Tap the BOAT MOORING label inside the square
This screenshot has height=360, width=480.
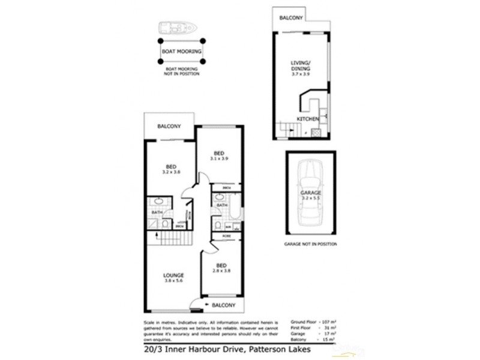181,51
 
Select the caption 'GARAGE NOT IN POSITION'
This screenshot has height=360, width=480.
310,245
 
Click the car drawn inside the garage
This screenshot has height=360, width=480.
310,193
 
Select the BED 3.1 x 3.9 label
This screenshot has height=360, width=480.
220,156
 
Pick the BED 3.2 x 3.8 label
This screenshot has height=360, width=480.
170,169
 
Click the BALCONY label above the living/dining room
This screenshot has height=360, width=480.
292,19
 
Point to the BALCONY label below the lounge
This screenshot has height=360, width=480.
223,305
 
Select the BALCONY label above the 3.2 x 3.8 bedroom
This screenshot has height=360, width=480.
169,127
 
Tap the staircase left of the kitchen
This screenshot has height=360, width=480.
287,128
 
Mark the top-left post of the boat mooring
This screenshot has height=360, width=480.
161,41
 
